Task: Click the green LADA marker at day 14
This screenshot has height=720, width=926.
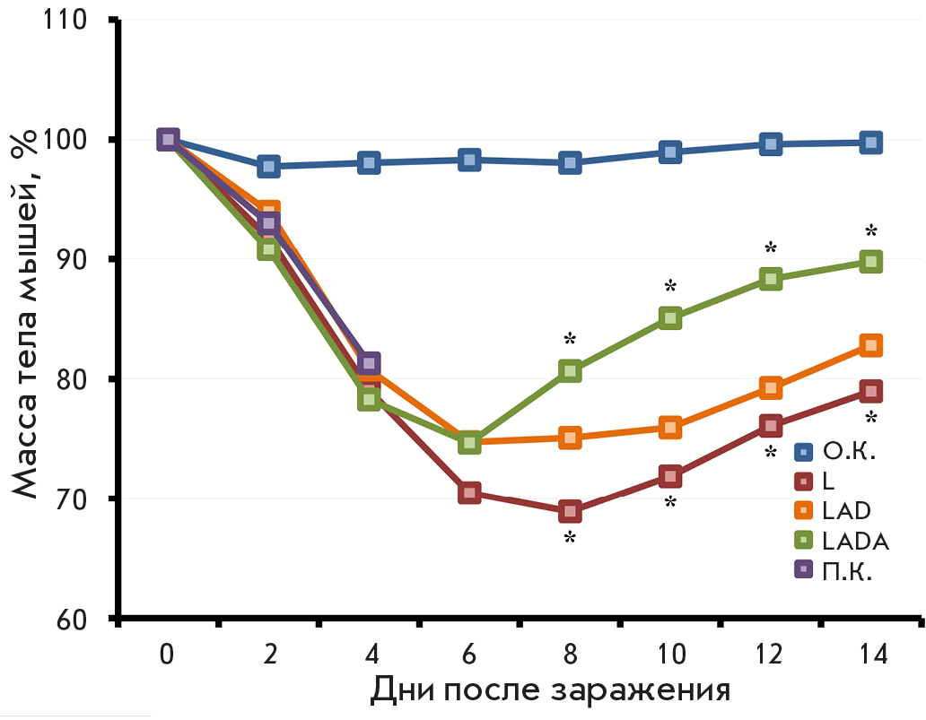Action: (x=870, y=261)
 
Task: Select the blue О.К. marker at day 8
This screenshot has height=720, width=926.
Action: (x=570, y=162)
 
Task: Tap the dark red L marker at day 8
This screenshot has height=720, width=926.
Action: (x=570, y=512)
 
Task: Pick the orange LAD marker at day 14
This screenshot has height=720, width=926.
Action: (x=870, y=345)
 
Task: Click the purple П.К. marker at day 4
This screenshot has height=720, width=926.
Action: (x=369, y=363)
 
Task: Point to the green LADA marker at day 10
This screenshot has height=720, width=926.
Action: (x=670, y=317)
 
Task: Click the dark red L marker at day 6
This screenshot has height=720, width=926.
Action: (x=469, y=492)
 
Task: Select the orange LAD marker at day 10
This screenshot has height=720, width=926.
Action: (x=670, y=427)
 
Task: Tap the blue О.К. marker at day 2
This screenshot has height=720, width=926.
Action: (x=268, y=166)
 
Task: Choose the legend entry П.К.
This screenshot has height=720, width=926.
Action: (x=834, y=569)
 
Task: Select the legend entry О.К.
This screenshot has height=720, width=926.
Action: (x=835, y=451)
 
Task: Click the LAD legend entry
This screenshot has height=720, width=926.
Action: (x=834, y=511)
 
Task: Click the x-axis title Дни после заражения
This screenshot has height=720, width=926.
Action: (x=549, y=692)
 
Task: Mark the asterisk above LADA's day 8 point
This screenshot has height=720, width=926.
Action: (x=570, y=339)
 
